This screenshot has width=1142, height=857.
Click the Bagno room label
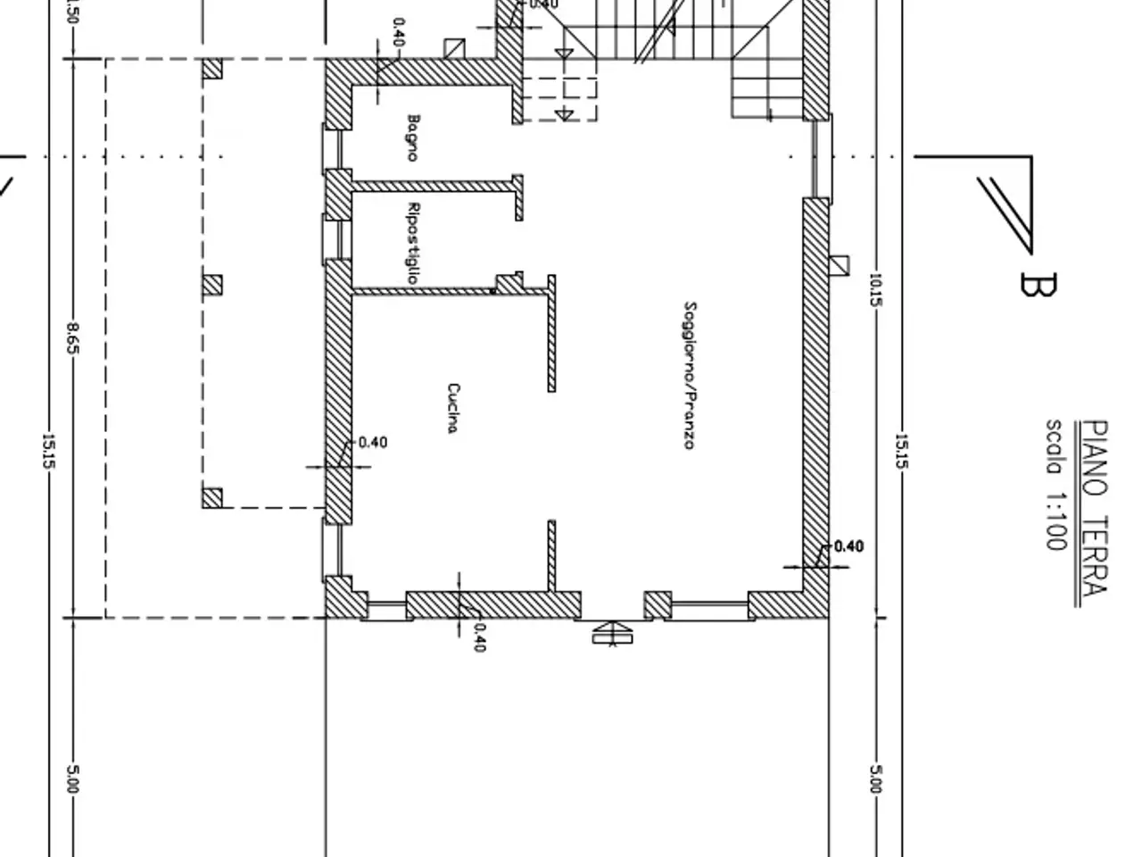point(412,137)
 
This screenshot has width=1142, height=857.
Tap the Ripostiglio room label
point(412,244)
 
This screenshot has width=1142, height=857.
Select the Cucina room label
point(453,408)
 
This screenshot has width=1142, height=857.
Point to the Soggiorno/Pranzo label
point(690,375)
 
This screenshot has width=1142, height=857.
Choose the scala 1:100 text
point(1056,485)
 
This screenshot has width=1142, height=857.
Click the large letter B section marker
point(1038,284)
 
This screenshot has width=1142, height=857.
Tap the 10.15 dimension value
point(876,290)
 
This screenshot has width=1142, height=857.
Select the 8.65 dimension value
point(73,338)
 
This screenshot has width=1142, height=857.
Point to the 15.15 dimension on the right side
point(902,451)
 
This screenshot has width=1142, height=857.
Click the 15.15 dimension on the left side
point(48,451)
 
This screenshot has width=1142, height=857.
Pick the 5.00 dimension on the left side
point(73,779)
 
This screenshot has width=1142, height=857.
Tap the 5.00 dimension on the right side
point(876,779)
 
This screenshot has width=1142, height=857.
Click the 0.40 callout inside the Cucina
point(373,443)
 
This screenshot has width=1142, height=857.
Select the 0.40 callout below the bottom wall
point(479,637)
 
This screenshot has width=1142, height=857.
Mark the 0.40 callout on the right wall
point(848,546)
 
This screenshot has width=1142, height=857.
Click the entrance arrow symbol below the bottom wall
point(612,633)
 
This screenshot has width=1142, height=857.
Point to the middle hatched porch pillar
point(212,285)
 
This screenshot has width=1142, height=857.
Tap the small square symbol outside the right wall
point(840,265)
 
